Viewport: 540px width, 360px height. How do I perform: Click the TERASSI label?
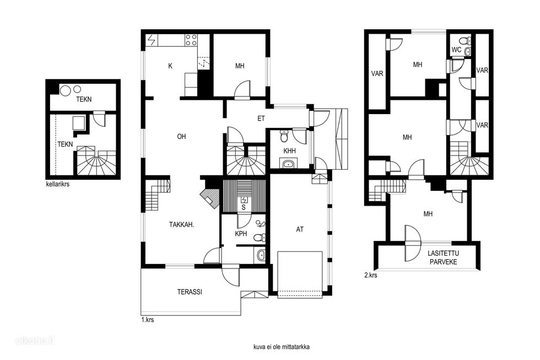coord(190,292)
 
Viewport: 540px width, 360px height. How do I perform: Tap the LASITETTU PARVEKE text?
coord(443,257)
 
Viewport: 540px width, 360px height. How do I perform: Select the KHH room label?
coord(289,151)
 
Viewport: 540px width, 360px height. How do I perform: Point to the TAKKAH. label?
coord(181,225)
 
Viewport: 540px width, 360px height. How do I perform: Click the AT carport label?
coord(300,229)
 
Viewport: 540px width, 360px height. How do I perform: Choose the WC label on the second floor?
coord(456,50)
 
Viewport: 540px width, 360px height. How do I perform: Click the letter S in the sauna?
coord(244,207)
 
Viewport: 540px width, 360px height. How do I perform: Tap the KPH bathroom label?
coord(241,234)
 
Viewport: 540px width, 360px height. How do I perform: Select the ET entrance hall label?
coord(261,119)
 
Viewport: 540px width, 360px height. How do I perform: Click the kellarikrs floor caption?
coord(57,184)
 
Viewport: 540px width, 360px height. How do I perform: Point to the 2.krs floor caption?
coord(370,275)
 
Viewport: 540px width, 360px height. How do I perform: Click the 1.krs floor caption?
coord(148,320)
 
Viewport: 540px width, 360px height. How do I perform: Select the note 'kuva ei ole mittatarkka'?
coord(281,347)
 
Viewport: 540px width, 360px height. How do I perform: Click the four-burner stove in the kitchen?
coord(191,40)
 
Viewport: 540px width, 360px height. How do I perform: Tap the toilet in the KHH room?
coord(284,136)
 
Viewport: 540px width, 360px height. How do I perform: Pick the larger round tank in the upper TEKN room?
coord(66,90)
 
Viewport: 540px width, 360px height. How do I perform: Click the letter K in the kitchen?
coord(170,66)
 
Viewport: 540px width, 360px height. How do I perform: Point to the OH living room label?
coord(181,137)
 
